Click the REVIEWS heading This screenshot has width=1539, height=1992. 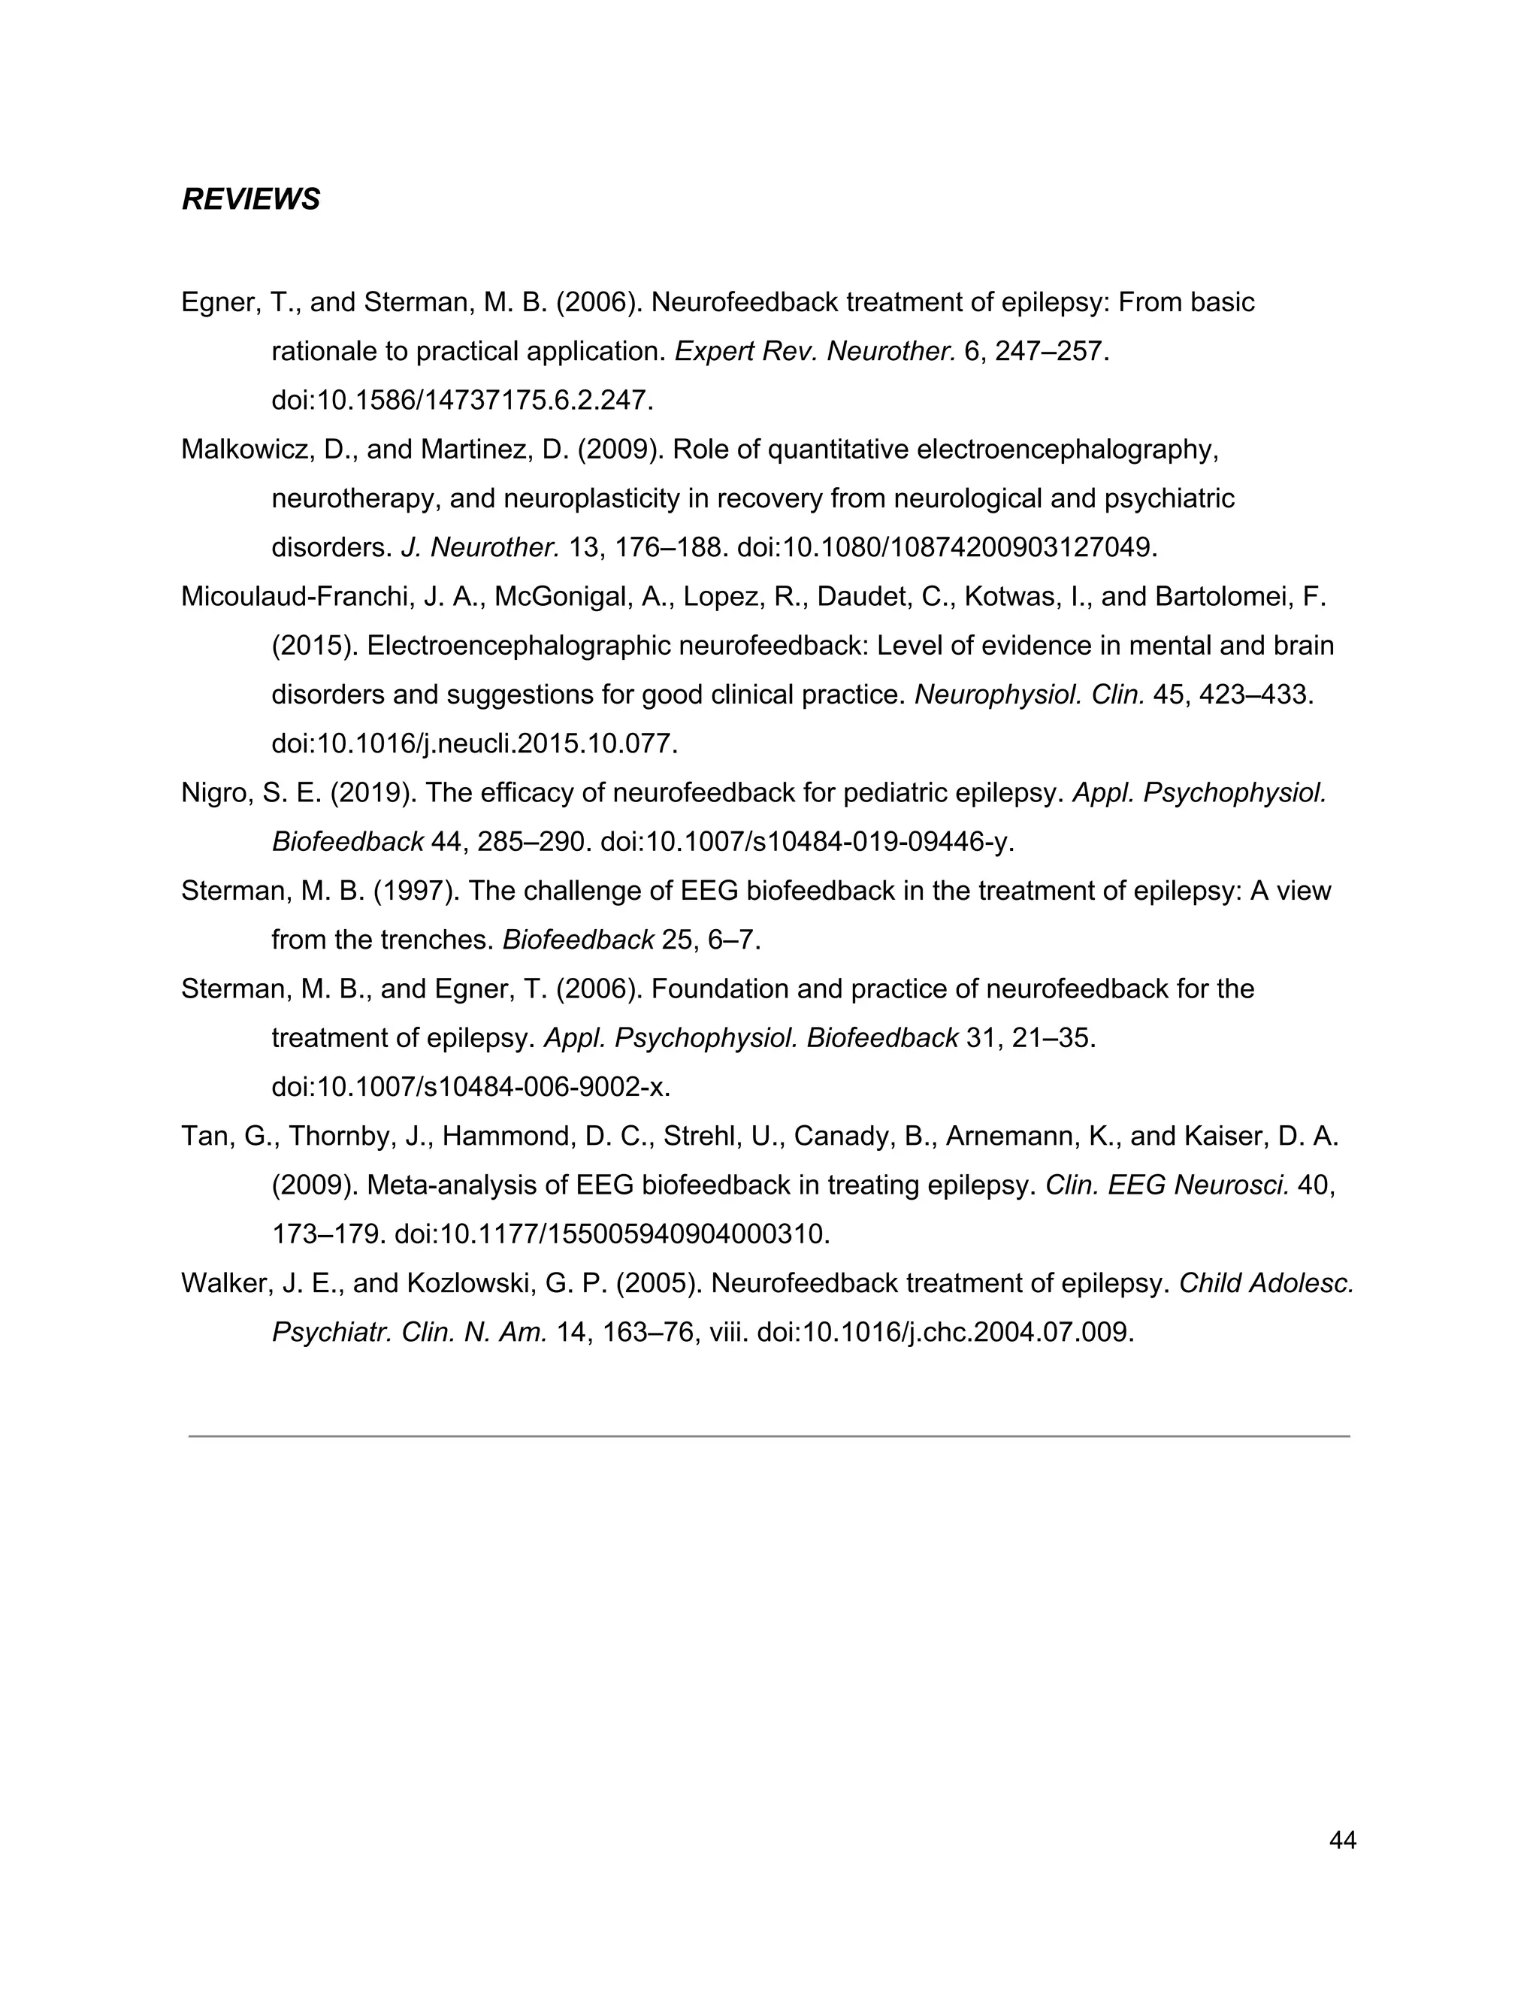(x=251, y=199)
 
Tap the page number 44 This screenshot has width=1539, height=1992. (x=1343, y=1841)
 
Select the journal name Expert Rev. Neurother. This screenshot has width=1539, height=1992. (x=814, y=351)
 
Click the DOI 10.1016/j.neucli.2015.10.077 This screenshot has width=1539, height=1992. (x=474, y=744)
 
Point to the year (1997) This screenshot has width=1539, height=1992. (x=416, y=891)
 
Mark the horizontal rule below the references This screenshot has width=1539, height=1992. (x=769, y=1436)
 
